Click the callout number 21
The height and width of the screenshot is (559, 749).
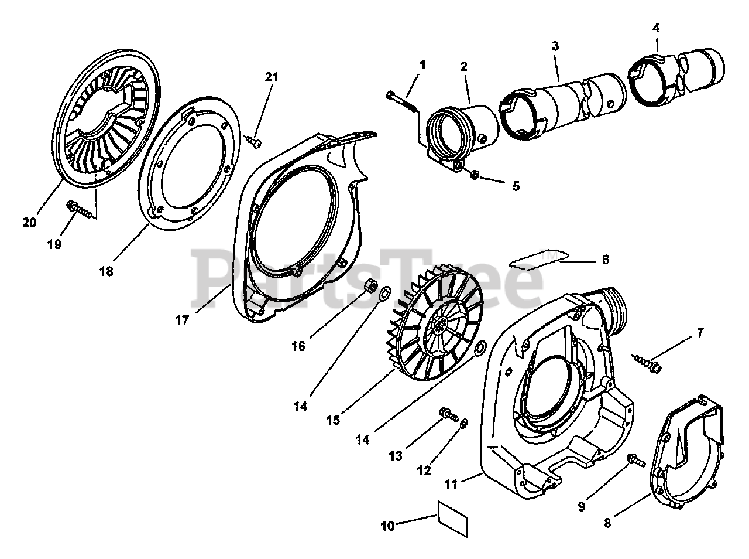point(272,77)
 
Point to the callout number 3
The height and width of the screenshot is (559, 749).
point(555,46)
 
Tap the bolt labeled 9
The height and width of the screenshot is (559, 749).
point(636,461)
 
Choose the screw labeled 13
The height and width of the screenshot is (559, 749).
point(449,415)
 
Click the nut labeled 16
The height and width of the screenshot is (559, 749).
point(370,285)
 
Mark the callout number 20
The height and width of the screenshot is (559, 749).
point(29,222)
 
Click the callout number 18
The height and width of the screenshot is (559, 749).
point(106,271)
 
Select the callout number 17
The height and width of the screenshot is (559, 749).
point(182,319)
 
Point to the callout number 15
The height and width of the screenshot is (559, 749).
point(333,420)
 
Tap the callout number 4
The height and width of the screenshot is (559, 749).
point(656,27)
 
